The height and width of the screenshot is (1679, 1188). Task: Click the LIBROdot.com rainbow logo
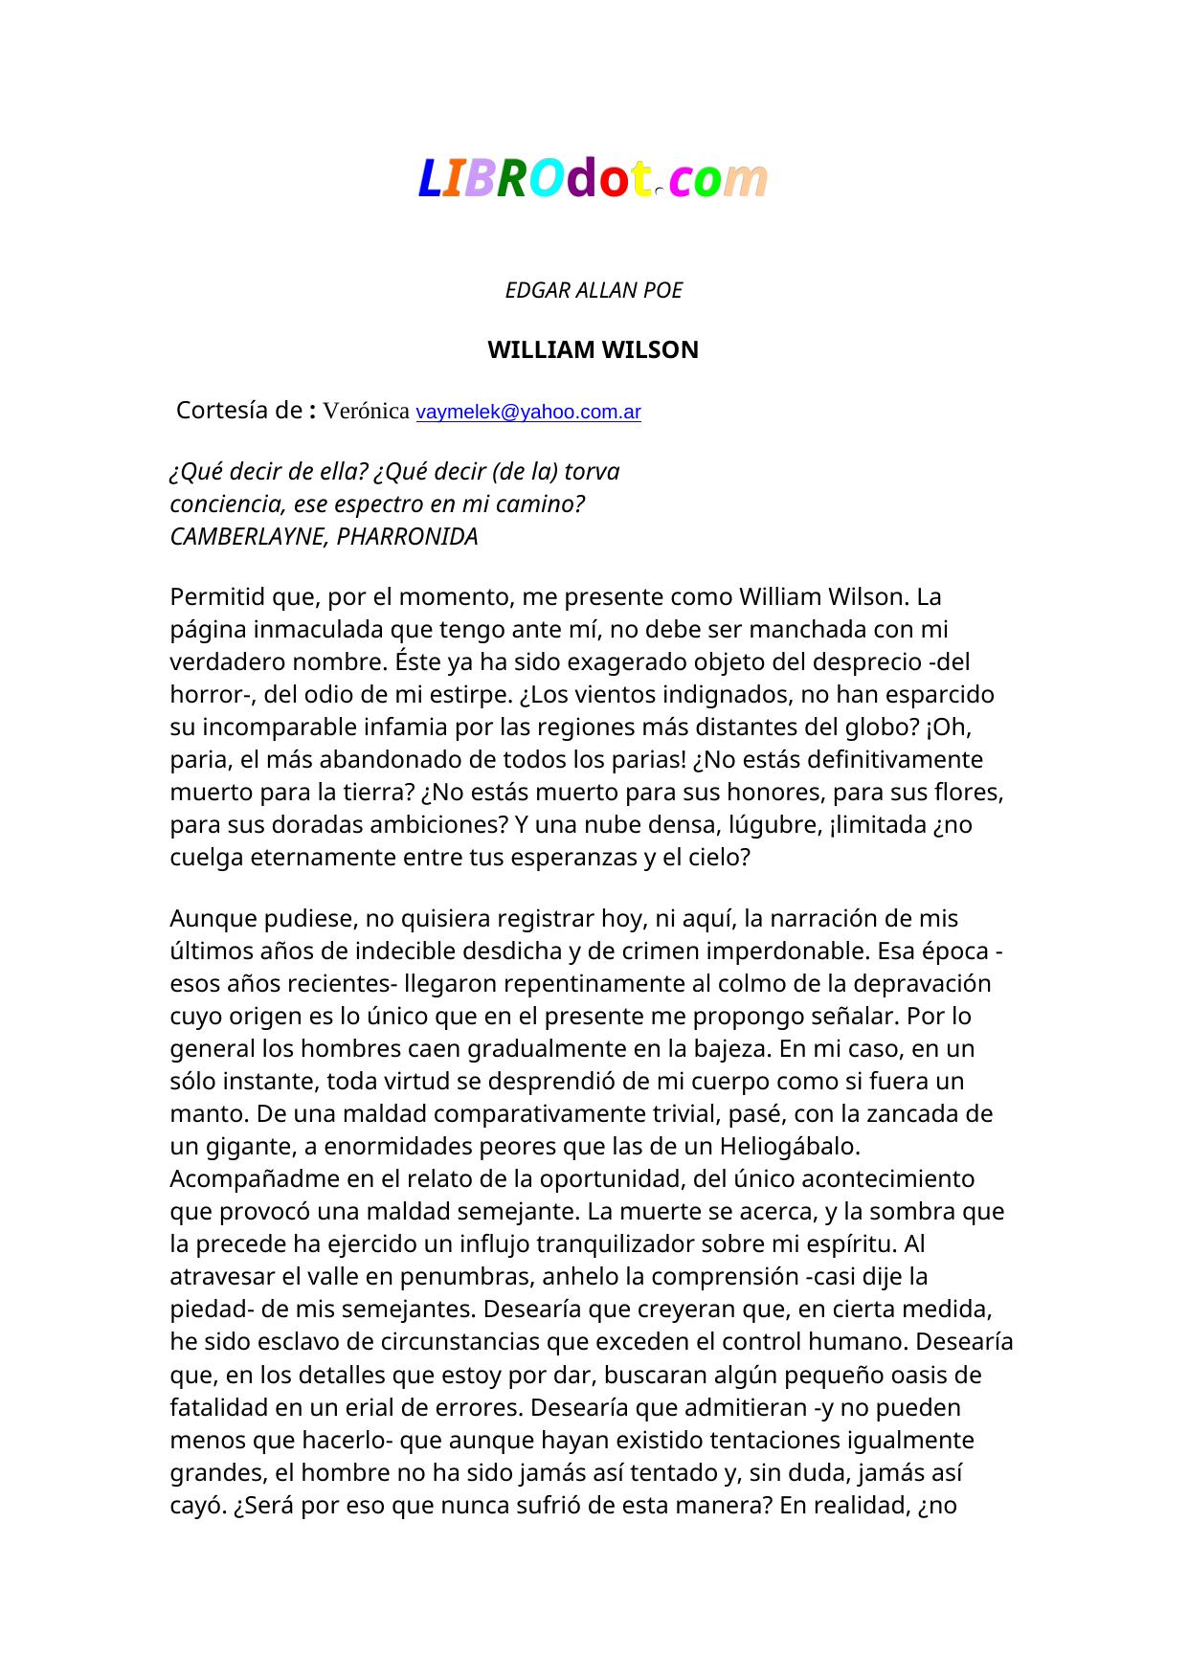(x=593, y=179)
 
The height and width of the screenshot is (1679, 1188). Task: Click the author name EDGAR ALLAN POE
(x=594, y=290)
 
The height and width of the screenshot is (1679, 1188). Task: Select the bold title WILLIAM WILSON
(x=593, y=350)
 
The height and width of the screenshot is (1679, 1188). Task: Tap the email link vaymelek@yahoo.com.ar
(x=528, y=413)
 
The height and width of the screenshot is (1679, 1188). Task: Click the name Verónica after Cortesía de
(x=367, y=412)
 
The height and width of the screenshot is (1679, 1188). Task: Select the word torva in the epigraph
(x=592, y=472)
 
